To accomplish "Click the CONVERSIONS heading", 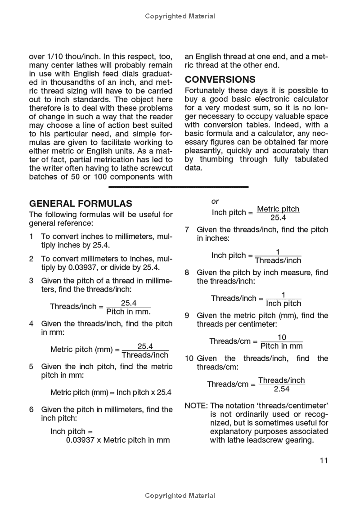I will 220,80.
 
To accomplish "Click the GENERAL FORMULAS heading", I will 81,203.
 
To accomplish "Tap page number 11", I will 324,460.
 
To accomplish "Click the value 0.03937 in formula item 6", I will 80,440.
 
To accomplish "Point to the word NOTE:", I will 196,405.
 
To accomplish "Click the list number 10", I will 189,359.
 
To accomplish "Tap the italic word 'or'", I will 215,202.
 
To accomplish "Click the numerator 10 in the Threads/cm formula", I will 282,337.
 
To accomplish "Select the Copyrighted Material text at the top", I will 180,16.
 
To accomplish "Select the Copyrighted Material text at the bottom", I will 180,496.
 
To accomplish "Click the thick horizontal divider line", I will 178,187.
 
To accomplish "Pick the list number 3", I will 31,281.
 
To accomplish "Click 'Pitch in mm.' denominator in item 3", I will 129,311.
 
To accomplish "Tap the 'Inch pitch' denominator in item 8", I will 283,303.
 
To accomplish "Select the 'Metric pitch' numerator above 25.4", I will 278,209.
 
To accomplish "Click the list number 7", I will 187,229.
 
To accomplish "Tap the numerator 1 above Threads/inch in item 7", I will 278,252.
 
